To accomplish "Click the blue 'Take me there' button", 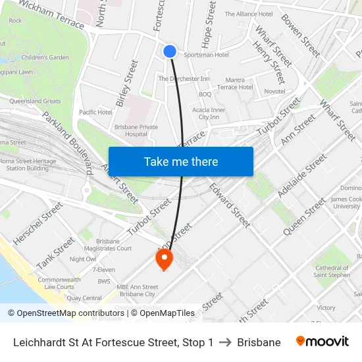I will (181, 161).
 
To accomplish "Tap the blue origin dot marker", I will (170, 51).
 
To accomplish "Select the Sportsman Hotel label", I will (206, 55).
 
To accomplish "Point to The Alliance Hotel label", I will (248, 14).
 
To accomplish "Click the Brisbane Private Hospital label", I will (136, 130).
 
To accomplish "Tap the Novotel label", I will (274, 91).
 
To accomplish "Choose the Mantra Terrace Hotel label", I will (235, 84).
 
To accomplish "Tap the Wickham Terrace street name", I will (51, 14).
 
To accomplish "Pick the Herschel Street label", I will (38, 224).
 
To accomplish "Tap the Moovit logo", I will (323, 342).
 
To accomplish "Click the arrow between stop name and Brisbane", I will (225, 342).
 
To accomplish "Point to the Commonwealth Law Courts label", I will (59, 283).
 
